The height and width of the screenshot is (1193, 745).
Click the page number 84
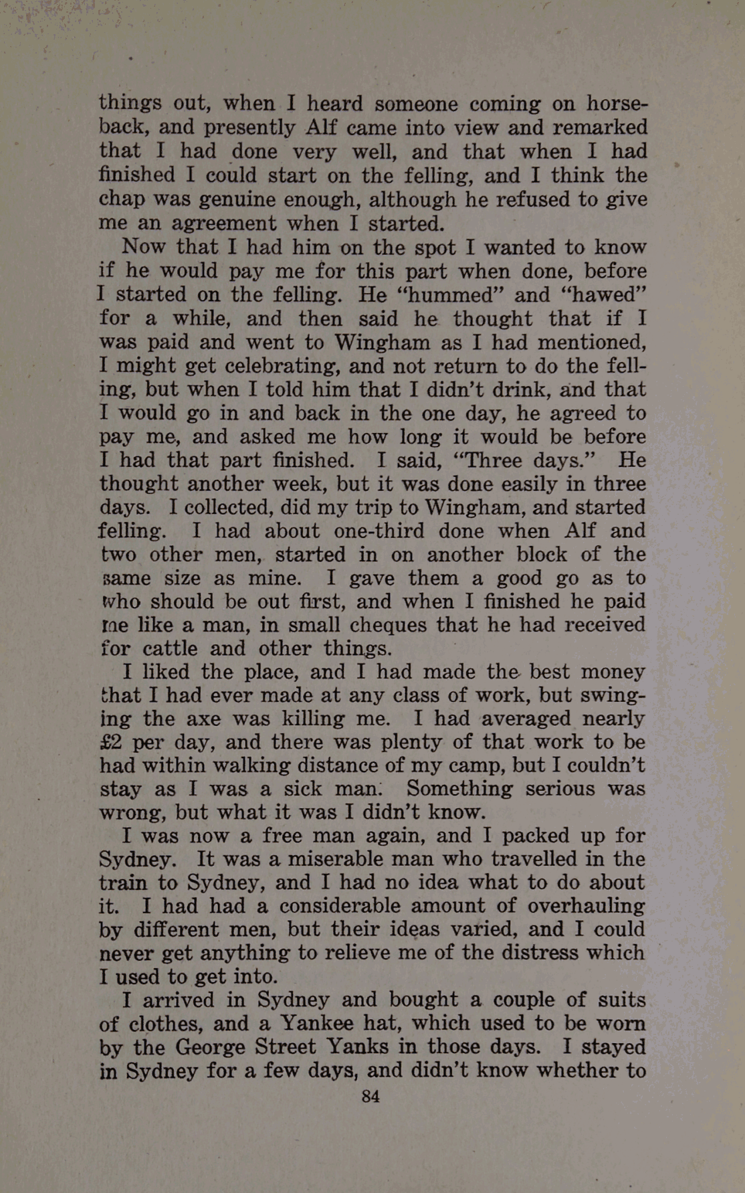370,1096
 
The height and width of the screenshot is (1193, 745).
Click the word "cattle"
170,648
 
